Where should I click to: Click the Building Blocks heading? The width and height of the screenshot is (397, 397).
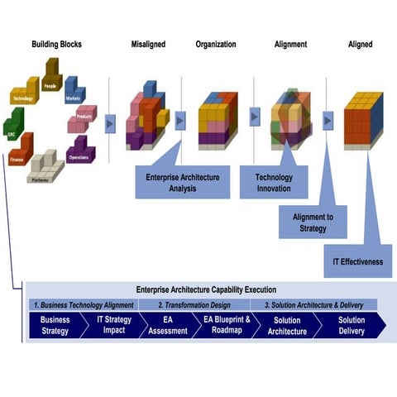click(56, 44)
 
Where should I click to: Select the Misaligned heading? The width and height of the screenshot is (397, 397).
click(150, 44)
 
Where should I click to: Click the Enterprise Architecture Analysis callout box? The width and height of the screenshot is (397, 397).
click(183, 181)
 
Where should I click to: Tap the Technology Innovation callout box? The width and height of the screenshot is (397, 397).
click(273, 181)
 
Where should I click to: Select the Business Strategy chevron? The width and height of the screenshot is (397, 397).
click(56, 325)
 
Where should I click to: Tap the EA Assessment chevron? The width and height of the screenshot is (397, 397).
click(163, 325)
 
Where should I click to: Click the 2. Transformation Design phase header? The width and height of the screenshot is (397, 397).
click(193, 304)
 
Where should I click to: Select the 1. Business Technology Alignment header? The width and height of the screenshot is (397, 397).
click(83, 304)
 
